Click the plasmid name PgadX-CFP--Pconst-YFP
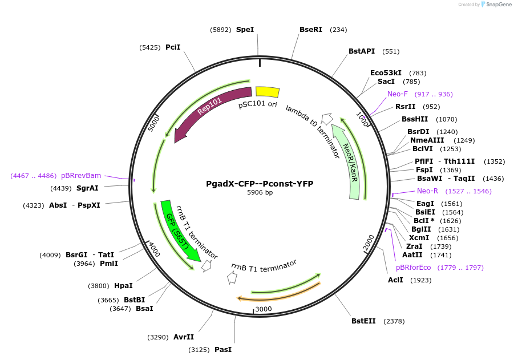[x=260, y=184]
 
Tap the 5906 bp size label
[x=260, y=193]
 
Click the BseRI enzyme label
[x=311, y=30]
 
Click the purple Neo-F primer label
[x=398, y=94]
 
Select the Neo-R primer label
[x=427, y=191]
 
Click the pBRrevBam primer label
[x=81, y=176]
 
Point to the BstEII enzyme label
[x=363, y=321]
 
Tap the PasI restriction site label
[x=223, y=349]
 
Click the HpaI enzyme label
[x=123, y=286]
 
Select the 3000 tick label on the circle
[x=264, y=309]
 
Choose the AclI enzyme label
[x=395, y=280]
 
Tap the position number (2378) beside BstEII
[x=394, y=321]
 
